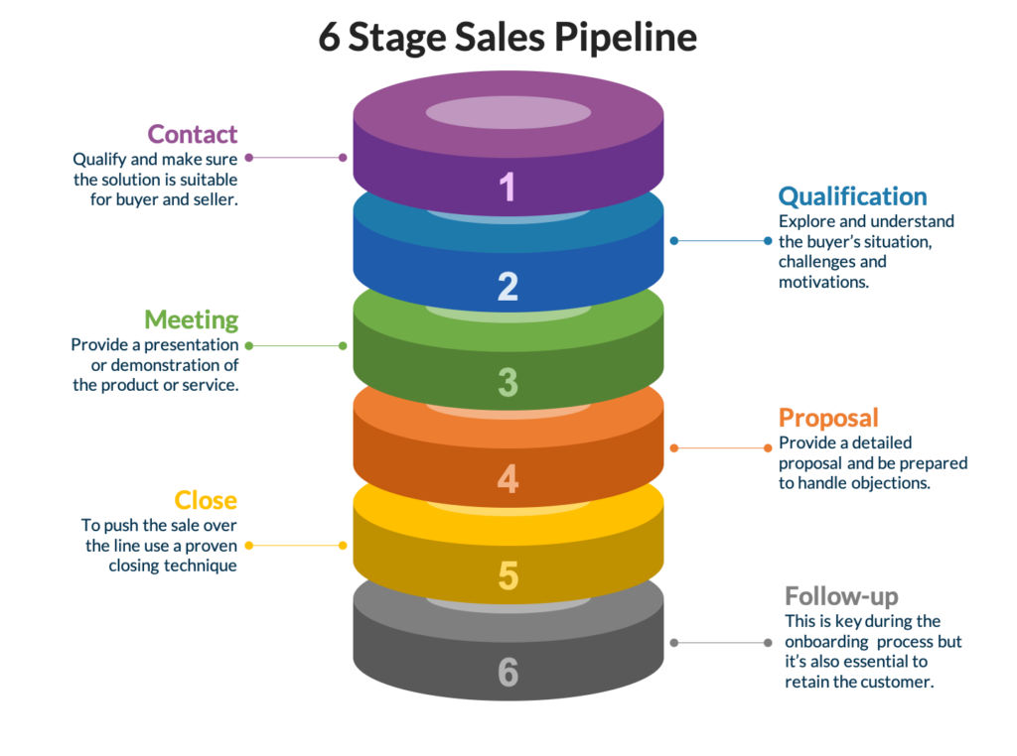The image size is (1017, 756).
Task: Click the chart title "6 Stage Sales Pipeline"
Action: tap(508, 38)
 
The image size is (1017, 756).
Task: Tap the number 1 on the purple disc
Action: tap(508, 188)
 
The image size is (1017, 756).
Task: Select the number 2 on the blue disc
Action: tap(508, 286)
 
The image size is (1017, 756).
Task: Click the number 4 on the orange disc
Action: tap(508, 480)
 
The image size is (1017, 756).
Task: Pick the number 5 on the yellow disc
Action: tap(508, 575)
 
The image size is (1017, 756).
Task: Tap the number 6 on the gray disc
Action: tap(508, 673)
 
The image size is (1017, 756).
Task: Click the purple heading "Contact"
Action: tap(193, 134)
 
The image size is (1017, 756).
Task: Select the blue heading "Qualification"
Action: tap(852, 195)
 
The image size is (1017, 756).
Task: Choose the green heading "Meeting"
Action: tap(192, 319)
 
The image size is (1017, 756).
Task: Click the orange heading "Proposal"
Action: tap(828, 417)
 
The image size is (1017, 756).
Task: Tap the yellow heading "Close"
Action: tap(206, 499)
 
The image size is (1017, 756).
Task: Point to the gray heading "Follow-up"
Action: tap(841, 596)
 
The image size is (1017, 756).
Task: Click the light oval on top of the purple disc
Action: tap(508, 112)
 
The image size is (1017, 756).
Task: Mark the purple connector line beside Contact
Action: tap(295, 157)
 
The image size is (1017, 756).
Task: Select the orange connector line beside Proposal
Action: tap(720, 447)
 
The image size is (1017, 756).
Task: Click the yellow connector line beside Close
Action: tap(295, 545)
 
